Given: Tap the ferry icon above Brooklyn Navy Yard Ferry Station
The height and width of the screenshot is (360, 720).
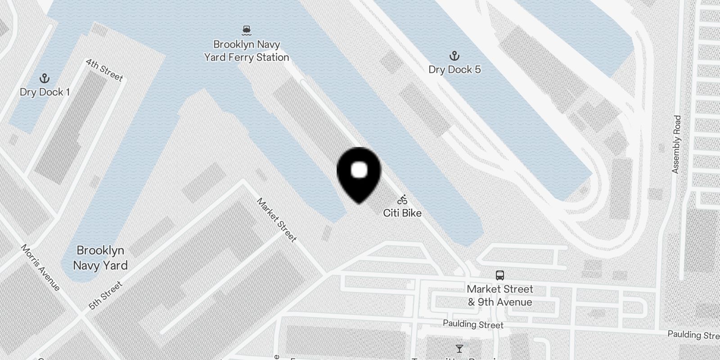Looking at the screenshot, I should [x=246, y=31].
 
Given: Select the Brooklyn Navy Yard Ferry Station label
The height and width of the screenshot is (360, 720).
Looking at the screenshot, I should [x=246, y=51].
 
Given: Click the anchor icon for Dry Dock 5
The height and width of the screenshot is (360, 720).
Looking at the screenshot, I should [x=454, y=56].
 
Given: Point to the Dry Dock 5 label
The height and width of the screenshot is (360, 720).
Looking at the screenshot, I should [x=454, y=69].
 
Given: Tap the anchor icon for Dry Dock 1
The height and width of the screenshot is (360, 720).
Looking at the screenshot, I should [x=44, y=79].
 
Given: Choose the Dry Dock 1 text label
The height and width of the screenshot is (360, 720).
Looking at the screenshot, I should [x=44, y=92].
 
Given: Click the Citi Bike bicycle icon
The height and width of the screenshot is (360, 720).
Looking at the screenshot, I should [x=402, y=200].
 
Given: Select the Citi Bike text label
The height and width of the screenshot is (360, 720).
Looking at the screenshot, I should [x=402, y=213].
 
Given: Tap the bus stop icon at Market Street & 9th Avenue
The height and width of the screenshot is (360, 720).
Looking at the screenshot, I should [x=499, y=275].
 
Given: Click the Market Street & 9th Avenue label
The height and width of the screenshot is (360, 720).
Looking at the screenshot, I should [x=499, y=296].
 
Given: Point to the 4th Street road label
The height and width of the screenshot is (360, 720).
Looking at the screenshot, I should [x=104, y=70].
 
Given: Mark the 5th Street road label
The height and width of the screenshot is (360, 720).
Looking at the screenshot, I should [x=105, y=296].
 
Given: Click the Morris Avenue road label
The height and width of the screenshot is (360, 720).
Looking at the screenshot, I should [x=40, y=268].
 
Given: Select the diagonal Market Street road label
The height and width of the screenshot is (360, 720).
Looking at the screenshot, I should [x=276, y=220].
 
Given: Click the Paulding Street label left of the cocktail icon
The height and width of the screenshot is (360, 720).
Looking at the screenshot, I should [x=473, y=324].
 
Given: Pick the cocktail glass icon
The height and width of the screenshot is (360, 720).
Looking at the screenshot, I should [x=459, y=349].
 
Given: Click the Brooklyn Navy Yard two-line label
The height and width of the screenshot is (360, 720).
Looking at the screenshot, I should [x=100, y=258].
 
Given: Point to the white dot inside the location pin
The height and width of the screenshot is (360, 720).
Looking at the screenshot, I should [x=359, y=170].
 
